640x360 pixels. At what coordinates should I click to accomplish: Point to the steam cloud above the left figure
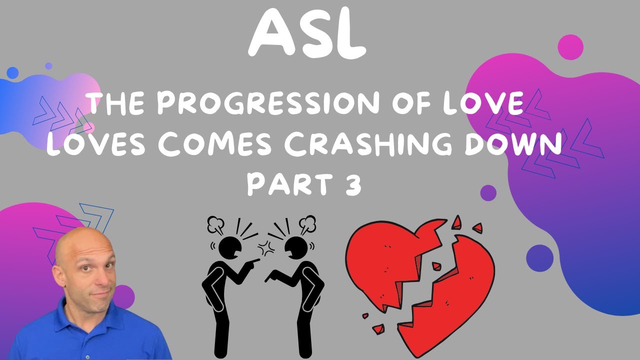(216, 224)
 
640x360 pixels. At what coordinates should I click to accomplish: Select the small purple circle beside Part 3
(488, 192)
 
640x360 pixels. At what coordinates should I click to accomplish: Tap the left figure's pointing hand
(254, 260)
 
